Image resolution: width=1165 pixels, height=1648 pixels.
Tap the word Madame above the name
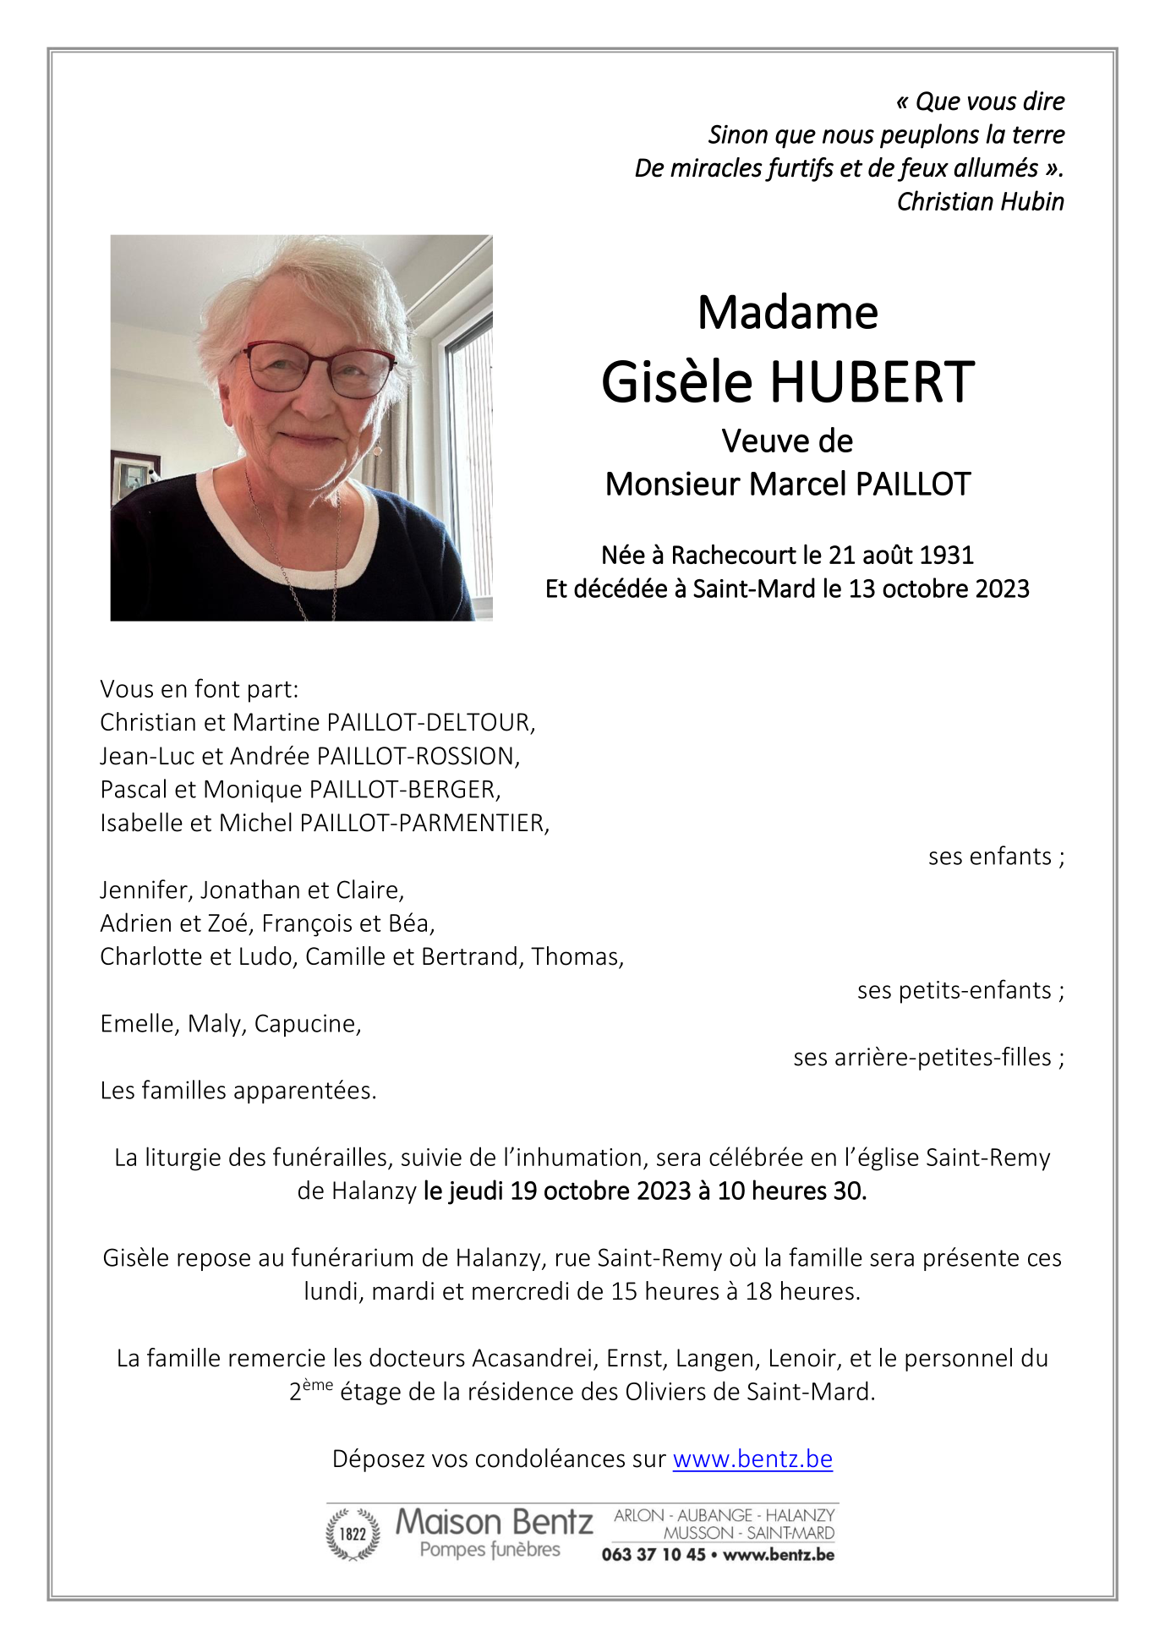coord(787,313)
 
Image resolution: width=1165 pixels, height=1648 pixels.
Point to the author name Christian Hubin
coord(980,202)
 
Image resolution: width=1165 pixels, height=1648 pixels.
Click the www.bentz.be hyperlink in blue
coord(752,1459)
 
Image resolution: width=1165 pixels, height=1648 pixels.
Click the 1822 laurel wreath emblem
coord(353,1534)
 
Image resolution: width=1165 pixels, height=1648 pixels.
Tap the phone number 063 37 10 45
coord(653,1554)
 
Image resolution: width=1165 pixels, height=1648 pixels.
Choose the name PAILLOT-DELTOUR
coord(429,722)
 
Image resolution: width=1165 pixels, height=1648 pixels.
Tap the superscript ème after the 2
coord(318,1384)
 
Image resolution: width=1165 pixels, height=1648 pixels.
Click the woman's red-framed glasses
coord(319,370)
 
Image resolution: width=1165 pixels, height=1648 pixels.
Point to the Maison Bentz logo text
coord(494,1522)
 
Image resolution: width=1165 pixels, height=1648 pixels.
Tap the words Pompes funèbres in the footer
coord(490,1550)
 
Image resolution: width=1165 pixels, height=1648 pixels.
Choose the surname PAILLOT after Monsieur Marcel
coord(913,485)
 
